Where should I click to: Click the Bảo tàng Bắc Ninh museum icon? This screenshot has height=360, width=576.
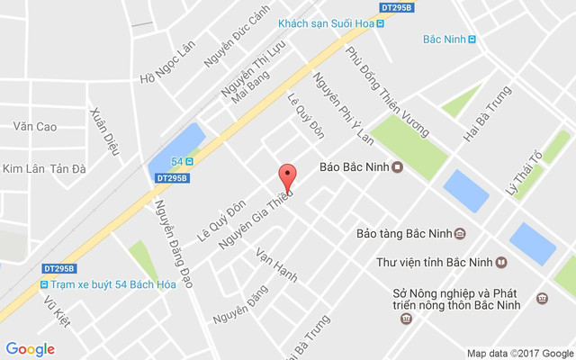coord(460,234)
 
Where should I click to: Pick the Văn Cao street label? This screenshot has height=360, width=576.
coord(35,127)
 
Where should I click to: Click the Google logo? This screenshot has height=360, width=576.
coord(30,349)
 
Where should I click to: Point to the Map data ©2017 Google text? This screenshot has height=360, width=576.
coord(519,353)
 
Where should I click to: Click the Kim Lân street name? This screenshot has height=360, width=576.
coord(23,168)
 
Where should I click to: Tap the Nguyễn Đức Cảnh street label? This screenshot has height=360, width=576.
coord(236,41)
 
